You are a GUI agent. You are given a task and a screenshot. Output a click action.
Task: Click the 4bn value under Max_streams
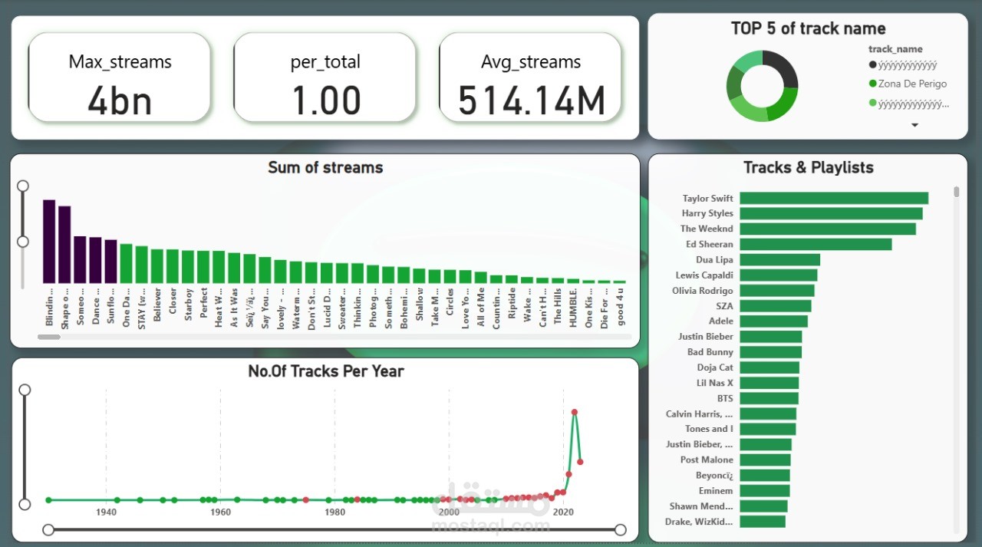tap(119, 101)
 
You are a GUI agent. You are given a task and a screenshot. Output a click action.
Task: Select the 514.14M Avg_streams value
tap(531, 101)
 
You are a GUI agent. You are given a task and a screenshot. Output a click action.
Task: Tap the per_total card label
tap(325, 62)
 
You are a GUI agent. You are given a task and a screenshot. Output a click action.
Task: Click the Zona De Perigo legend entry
tap(911, 84)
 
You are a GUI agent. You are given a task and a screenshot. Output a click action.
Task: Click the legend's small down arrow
tap(914, 124)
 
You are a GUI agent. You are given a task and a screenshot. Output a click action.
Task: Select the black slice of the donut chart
tap(783, 71)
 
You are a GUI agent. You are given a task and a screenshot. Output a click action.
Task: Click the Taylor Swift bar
tap(834, 198)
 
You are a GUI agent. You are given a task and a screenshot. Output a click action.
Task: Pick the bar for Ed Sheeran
tap(816, 244)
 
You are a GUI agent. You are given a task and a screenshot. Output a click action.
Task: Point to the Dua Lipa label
tap(714, 259)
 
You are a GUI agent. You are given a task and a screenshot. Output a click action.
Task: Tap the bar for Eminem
tap(764, 490)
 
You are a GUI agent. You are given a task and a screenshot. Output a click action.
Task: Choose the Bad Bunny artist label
tap(710, 351)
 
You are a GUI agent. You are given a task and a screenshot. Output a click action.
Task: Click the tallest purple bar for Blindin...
tap(49, 242)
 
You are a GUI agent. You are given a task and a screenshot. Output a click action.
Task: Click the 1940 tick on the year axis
tap(106, 512)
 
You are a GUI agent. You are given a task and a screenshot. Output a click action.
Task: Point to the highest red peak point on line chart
tap(574, 412)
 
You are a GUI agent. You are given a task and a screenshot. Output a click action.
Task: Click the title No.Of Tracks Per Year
tap(325, 371)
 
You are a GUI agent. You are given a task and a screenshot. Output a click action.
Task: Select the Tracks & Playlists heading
tap(808, 167)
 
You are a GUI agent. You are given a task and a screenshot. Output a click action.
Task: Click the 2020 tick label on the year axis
tap(563, 512)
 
